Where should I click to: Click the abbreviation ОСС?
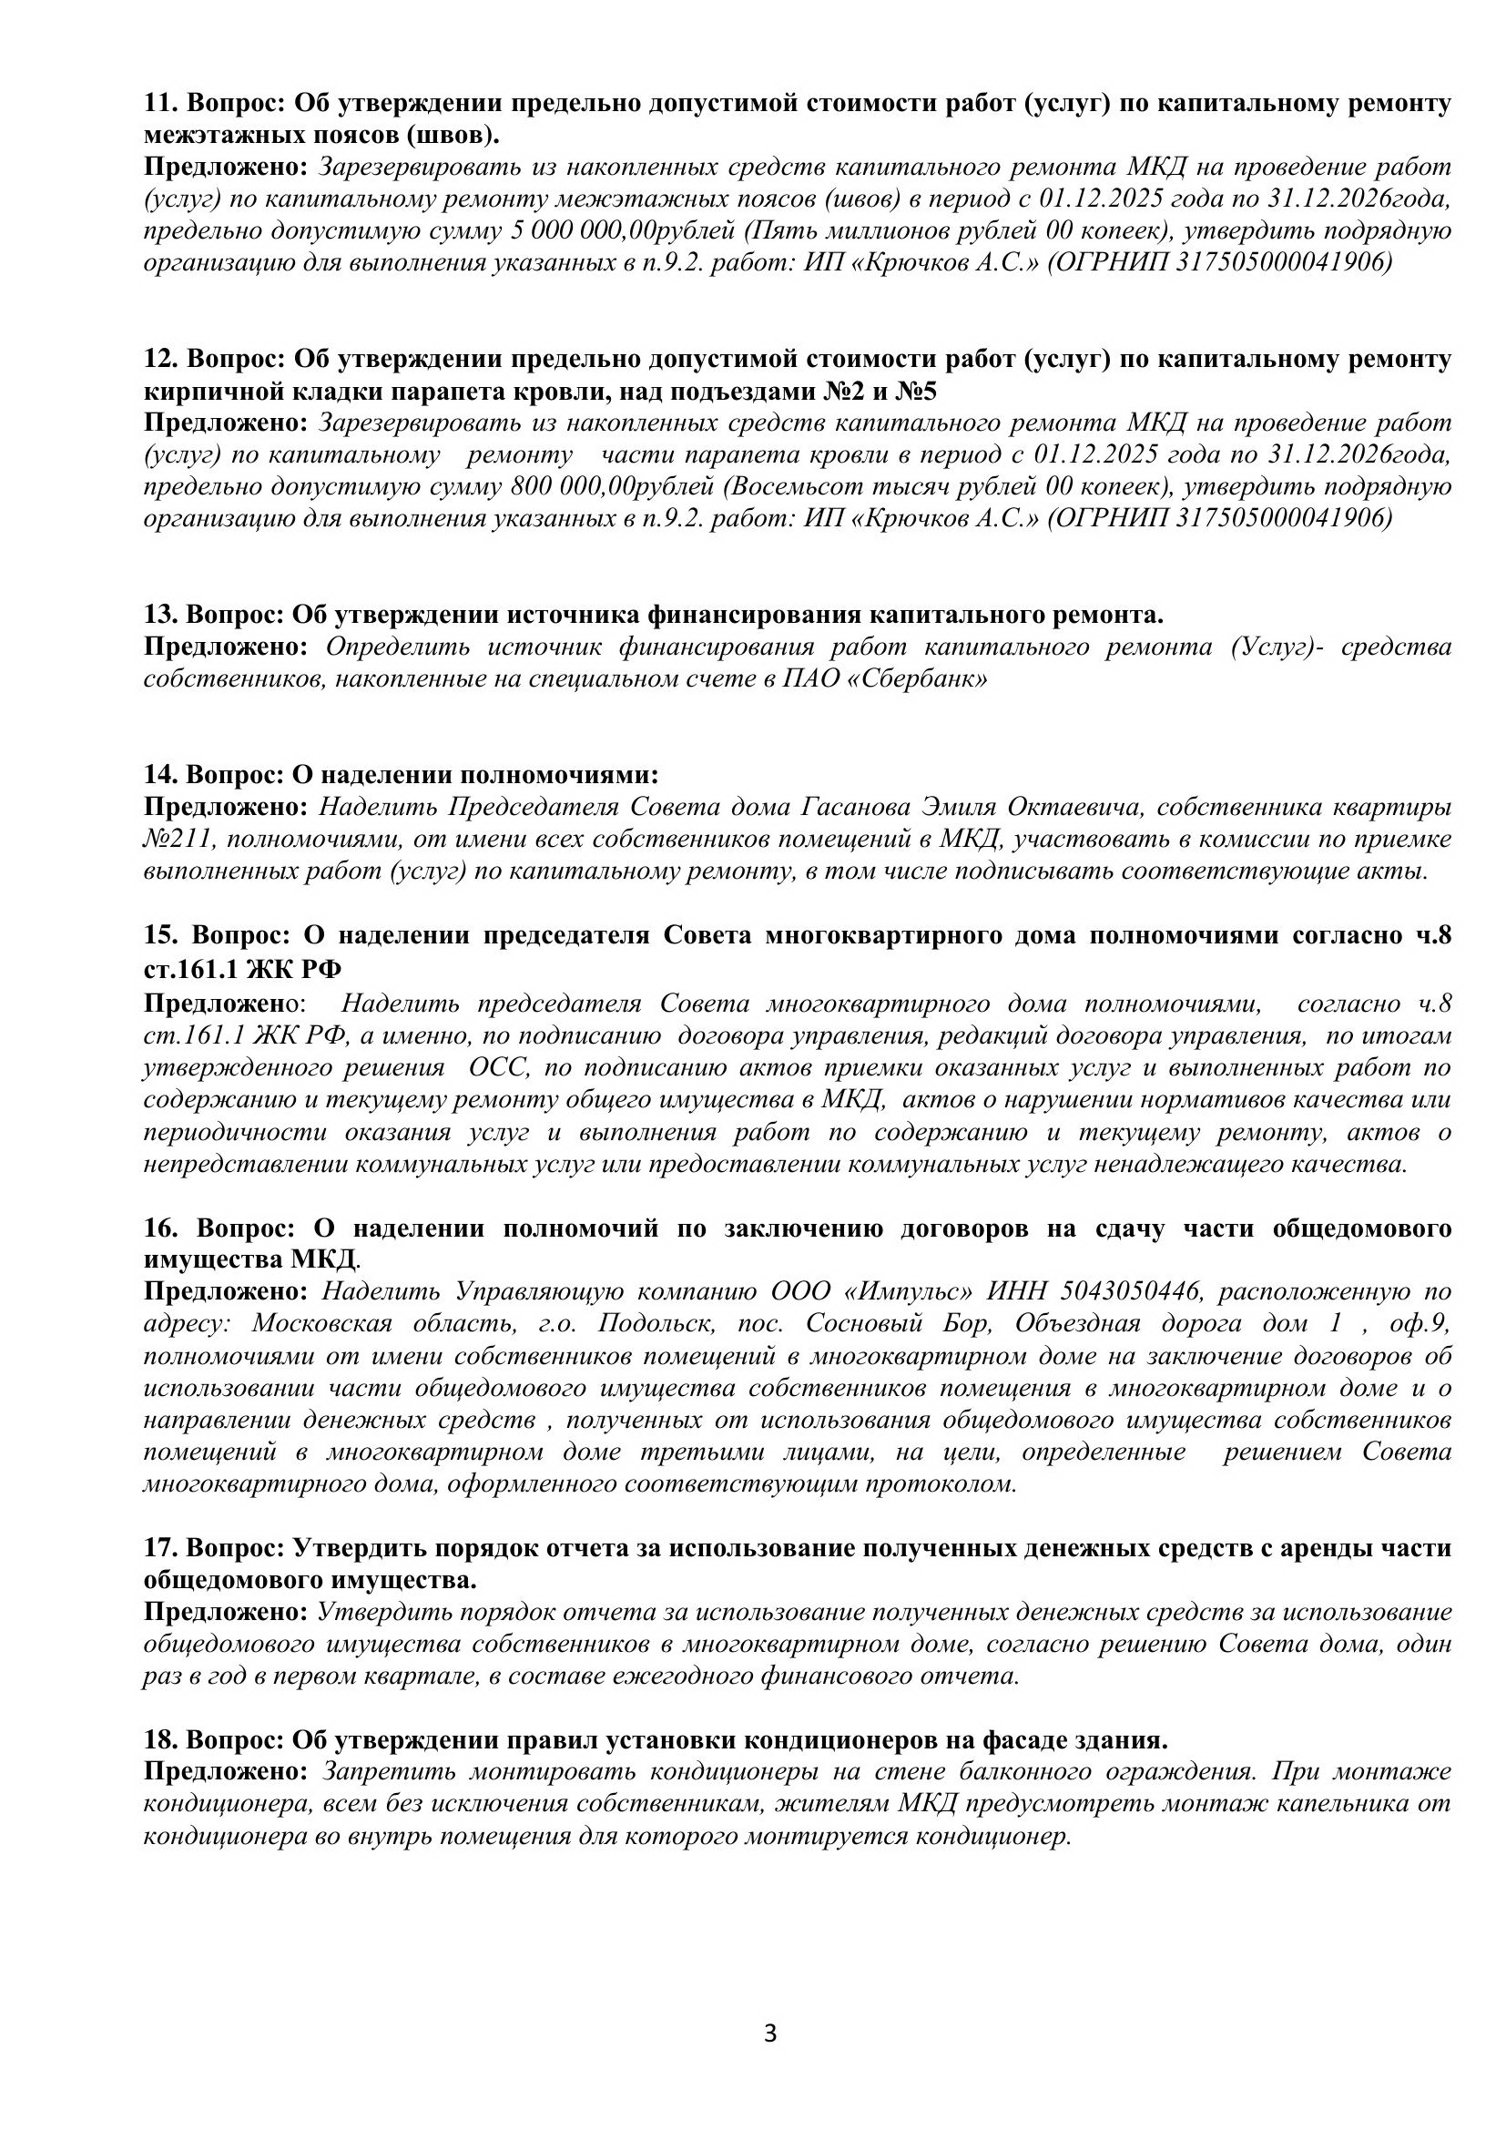499,1068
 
